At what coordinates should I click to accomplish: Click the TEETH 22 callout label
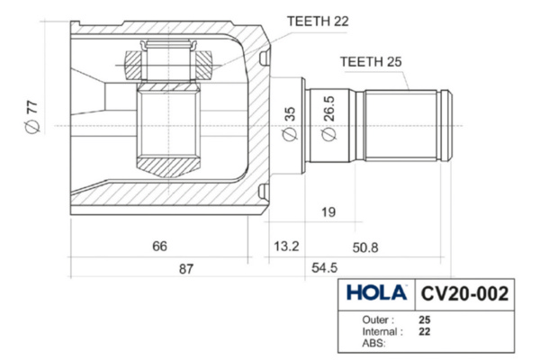pos(318,22)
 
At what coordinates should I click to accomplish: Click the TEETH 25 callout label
pos(371,62)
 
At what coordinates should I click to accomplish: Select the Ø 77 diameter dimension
pos(32,117)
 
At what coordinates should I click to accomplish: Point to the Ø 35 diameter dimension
pos(289,124)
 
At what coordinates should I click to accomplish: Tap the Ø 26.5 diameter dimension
pos(328,118)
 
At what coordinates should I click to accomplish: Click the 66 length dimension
pos(159,247)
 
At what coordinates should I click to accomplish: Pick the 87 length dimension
pos(186,269)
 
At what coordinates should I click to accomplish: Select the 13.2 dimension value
pos(286,247)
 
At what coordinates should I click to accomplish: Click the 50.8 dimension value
pos(365,247)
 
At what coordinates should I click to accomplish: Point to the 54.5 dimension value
pos(324,267)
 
